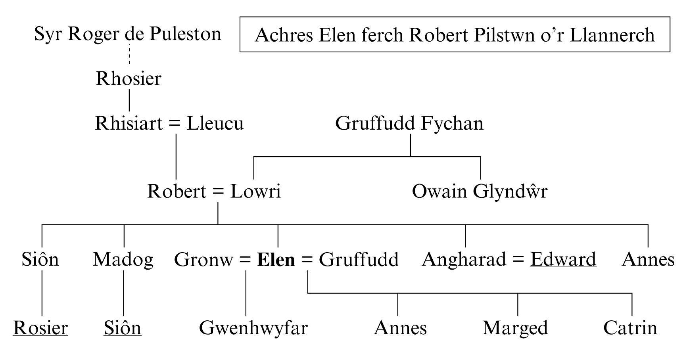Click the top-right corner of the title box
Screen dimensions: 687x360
pos(670,17)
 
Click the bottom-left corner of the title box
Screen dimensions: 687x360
pos(240,52)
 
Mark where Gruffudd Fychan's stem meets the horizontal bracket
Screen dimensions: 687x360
pos(411,157)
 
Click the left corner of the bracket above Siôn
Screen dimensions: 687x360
pos(42,225)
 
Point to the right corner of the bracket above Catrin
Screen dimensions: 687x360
pos(632,293)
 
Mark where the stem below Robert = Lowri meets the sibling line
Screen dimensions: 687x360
pos(218,225)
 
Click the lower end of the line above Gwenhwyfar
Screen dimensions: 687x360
pos(246,316)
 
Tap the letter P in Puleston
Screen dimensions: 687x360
pos(154,34)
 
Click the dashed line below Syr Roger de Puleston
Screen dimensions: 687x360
pos(129,54)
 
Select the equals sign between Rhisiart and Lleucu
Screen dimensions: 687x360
pos(175,124)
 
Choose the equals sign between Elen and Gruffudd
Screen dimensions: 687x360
pos(307,260)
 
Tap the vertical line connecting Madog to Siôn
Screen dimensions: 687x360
pos(123,293)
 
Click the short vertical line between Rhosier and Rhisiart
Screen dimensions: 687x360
pos(129,101)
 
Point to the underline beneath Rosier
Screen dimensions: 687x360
pos(40,336)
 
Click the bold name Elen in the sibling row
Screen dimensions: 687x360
pos(276,260)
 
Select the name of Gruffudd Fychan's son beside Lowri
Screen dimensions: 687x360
pos(480,191)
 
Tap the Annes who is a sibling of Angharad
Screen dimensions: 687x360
pos(648,260)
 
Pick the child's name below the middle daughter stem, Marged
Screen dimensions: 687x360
pos(515,328)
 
